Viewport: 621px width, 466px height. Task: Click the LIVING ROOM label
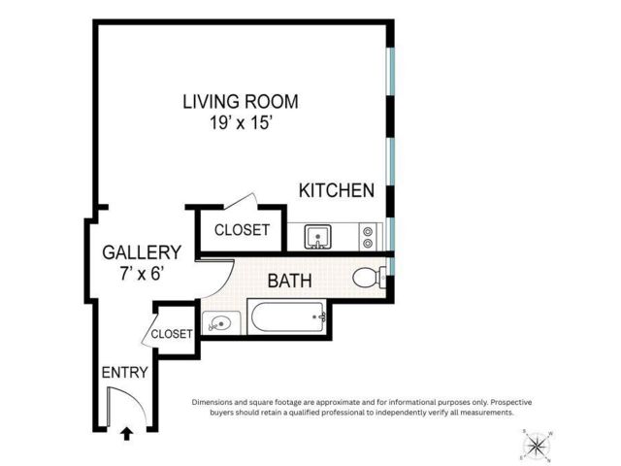(x=241, y=101)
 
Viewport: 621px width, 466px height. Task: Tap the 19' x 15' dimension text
(x=241, y=123)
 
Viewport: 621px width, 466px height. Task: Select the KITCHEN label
(x=337, y=190)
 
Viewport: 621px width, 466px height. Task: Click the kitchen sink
(x=317, y=237)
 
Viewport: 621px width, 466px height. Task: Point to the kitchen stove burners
(x=368, y=237)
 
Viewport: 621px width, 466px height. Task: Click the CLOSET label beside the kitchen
(x=242, y=230)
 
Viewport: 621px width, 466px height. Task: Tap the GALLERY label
(x=142, y=252)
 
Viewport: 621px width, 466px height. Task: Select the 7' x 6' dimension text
(x=142, y=274)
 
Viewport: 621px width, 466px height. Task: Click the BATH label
(x=289, y=281)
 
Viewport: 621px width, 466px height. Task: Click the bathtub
(x=287, y=317)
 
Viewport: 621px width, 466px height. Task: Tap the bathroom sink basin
(x=220, y=323)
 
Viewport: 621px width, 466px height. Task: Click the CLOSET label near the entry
(x=172, y=334)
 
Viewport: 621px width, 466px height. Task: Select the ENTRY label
(x=125, y=373)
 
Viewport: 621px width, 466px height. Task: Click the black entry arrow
(x=127, y=434)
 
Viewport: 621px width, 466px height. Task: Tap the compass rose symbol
(x=537, y=446)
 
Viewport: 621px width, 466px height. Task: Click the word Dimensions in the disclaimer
(x=212, y=402)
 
